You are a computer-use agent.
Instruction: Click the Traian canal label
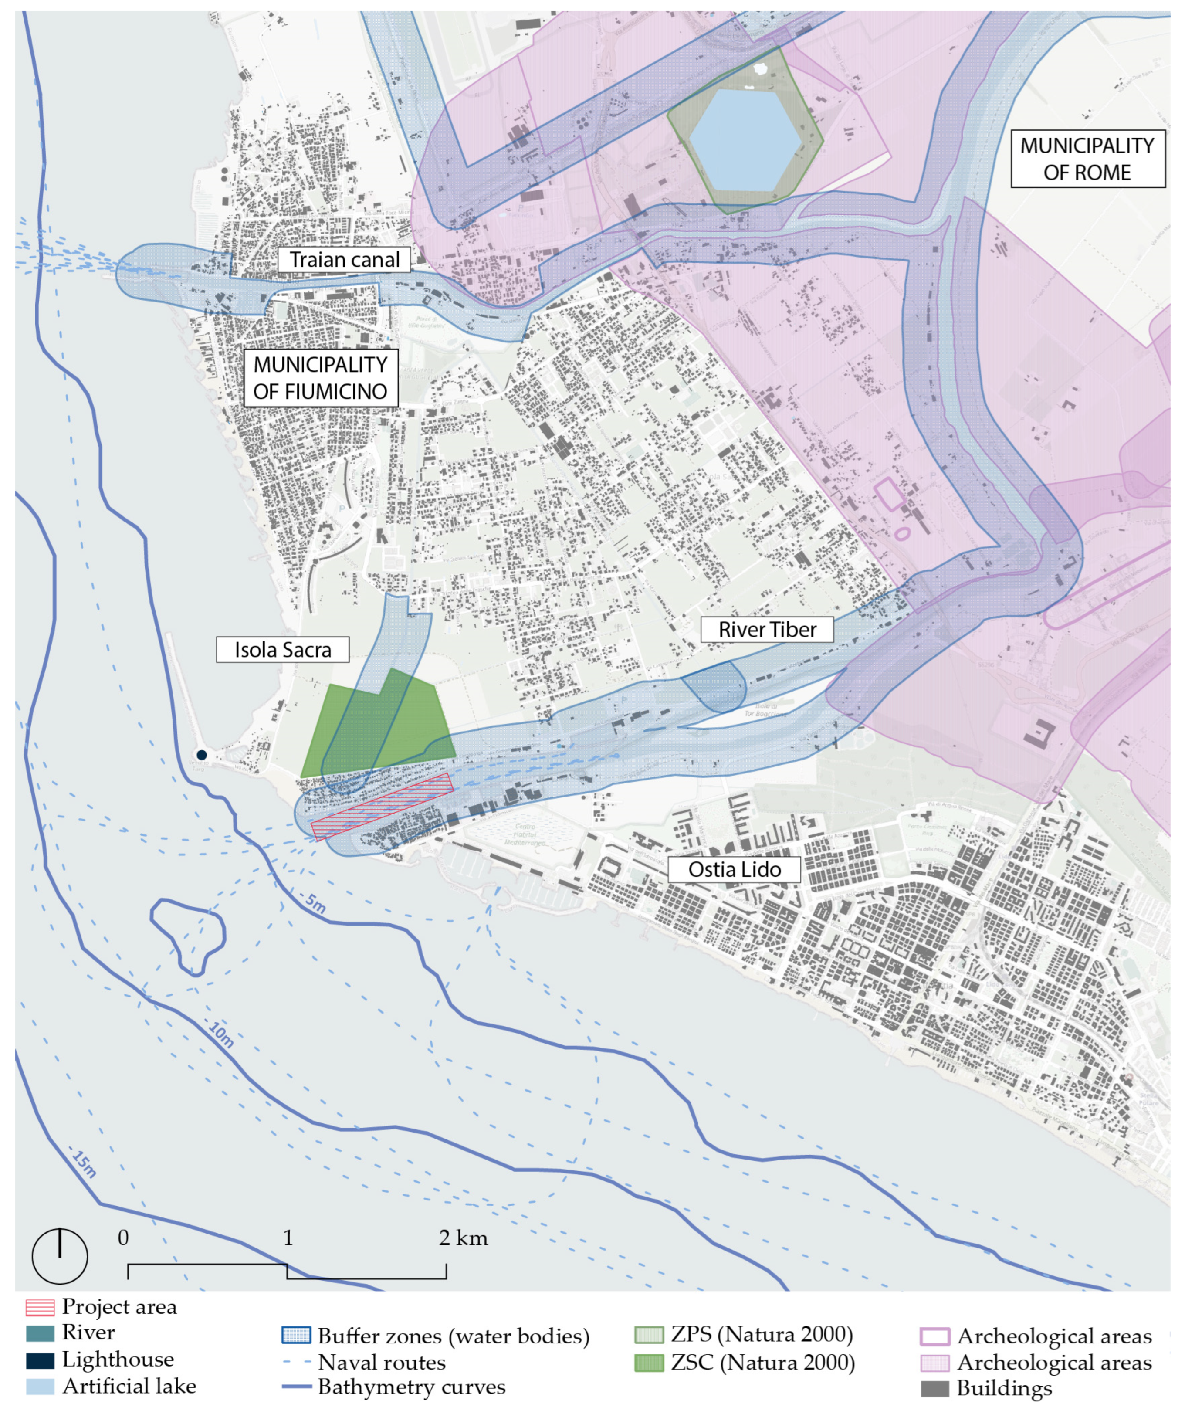coord(344,260)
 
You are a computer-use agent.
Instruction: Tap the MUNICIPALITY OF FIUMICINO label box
coord(321,378)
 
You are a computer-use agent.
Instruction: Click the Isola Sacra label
coord(282,650)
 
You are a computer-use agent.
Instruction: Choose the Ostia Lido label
coord(734,869)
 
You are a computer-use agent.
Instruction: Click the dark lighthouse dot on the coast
coord(201,755)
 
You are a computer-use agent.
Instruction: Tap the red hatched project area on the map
coord(381,807)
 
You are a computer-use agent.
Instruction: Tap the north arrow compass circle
coord(60,1256)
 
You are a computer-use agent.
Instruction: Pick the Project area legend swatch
coord(40,1307)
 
